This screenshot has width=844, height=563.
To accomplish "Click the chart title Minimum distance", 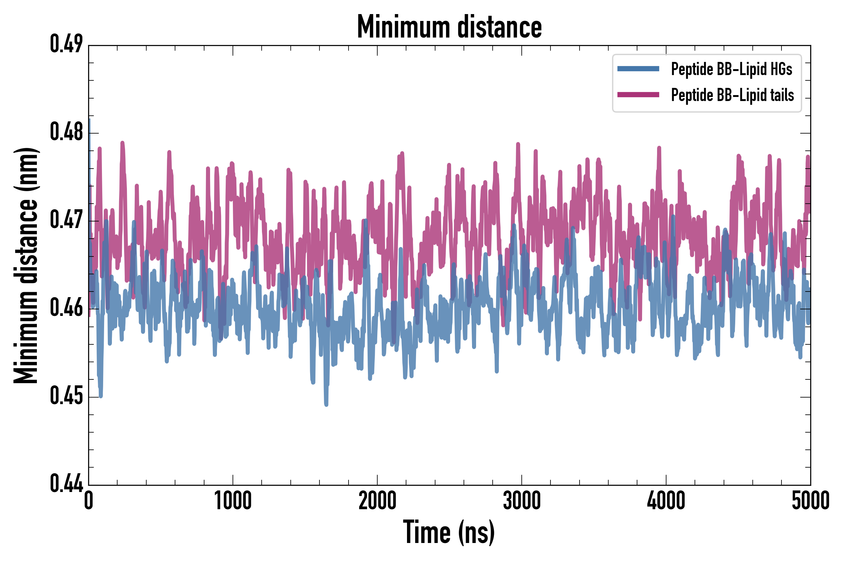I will pyautogui.click(x=449, y=27).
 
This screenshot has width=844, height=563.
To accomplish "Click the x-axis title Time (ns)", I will pyautogui.click(x=449, y=532).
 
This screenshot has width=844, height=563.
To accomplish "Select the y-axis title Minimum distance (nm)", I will pyautogui.click(x=26, y=265).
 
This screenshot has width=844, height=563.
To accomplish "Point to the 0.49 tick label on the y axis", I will pyautogui.click(x=66, y=44).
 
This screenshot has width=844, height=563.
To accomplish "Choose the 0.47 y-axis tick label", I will pyautogui.click(x=66, y=221).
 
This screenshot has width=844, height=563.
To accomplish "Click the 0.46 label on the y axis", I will pyautogui.click(x=66, y=308).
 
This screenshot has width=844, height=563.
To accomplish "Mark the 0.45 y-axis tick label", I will pyautogui.click(x=66, y=396).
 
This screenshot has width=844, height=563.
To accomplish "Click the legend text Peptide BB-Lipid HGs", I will pyautogui.click(x=731, y=69).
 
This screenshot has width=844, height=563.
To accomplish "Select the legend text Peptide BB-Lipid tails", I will pyautogui.click(x=732, y=95).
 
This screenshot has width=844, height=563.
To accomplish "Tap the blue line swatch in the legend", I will pyautogui.click(x=638, y=69).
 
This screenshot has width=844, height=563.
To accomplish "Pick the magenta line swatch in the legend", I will pyautogui.click(x=638, y=95).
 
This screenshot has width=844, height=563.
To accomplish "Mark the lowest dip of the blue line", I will pyautogui.click(x=326, y=405).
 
